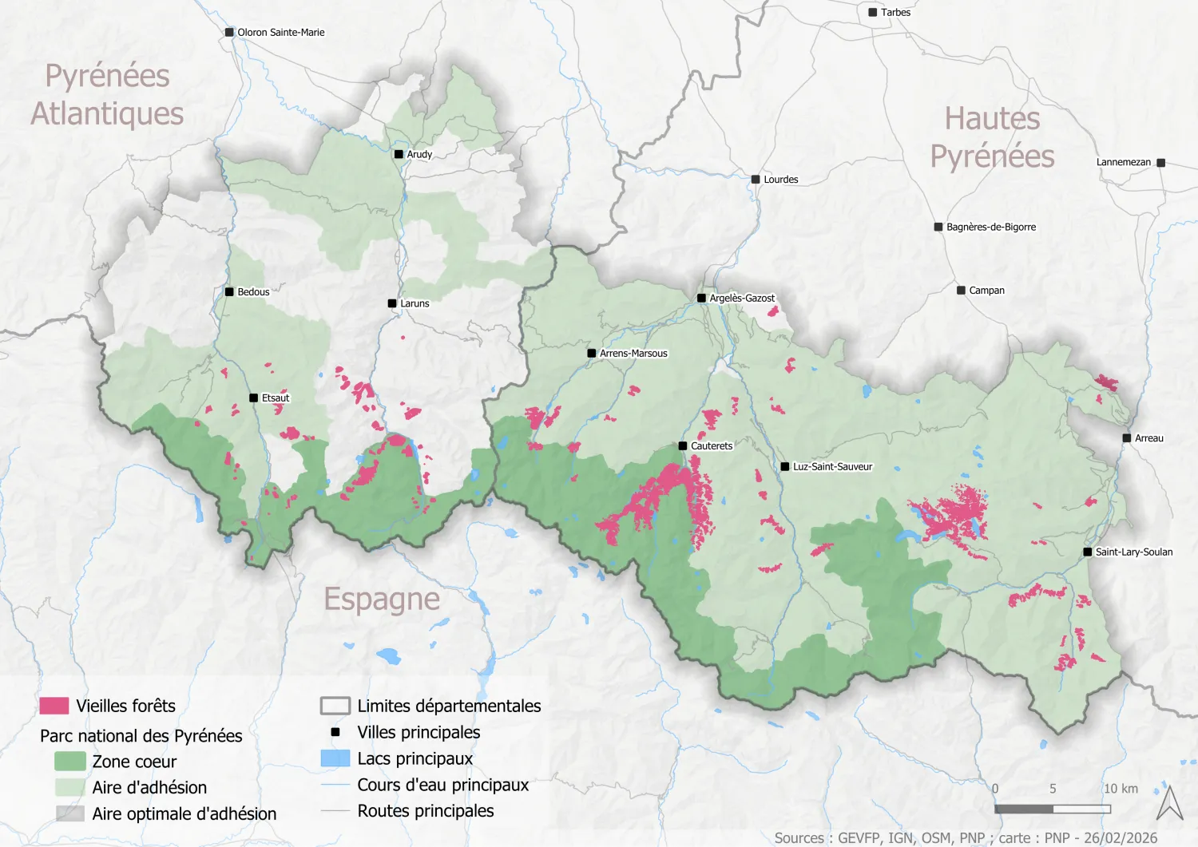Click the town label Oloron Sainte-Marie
[280, 33]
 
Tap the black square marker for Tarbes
[873, 13]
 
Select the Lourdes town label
[780, 180]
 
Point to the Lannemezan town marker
[1160, 163]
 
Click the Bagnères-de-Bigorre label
[990, 228]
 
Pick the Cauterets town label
[711, 446]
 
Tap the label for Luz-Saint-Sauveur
[832, 467]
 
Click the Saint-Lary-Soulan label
[1133, 552]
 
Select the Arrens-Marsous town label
[633, 354]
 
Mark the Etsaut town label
[276, 398]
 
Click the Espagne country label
[382, 599]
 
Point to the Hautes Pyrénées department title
[992, 137]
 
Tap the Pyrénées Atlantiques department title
[107, 94]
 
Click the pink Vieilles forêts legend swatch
[54, 706]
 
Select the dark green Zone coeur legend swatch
[69, 762]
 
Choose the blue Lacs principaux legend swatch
[335, 758]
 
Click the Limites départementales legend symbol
[335, 706]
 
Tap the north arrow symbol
[1170, 803]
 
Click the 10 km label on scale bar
[1121, 789]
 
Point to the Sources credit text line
[965, 837]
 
